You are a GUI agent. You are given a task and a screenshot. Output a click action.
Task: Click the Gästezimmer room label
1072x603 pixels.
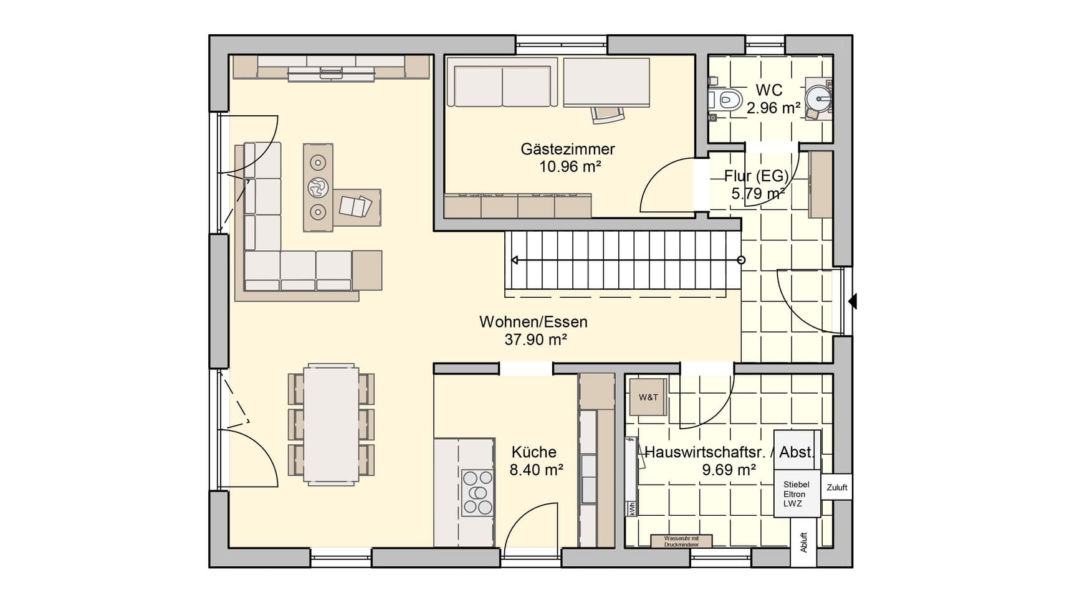click(568, 149)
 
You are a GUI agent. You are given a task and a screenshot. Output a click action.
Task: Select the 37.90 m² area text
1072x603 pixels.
click(535, 339)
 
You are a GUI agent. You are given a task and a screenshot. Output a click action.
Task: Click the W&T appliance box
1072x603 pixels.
click(648, 397)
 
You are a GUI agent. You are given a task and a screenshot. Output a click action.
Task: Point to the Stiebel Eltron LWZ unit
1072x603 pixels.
click(797, 493)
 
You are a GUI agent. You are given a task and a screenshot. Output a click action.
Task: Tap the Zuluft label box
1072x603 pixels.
click(836, 487)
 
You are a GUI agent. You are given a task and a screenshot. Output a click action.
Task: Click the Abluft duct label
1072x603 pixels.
click(803, 542)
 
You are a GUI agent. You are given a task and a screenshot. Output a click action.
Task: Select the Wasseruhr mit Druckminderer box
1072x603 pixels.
click(681, 541)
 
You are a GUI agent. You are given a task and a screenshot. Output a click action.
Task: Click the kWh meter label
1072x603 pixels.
click(631, 508)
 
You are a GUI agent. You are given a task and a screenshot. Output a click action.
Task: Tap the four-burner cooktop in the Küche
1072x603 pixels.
click(477, 493)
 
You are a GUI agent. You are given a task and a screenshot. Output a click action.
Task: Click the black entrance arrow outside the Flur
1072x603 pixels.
click(853, 301)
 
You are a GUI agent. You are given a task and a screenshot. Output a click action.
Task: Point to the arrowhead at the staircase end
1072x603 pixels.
click(514, 260)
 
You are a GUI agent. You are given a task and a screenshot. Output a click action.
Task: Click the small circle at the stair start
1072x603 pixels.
click(741, 260)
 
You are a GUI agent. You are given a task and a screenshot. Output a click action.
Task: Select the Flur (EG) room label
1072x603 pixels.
click(757, 176)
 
